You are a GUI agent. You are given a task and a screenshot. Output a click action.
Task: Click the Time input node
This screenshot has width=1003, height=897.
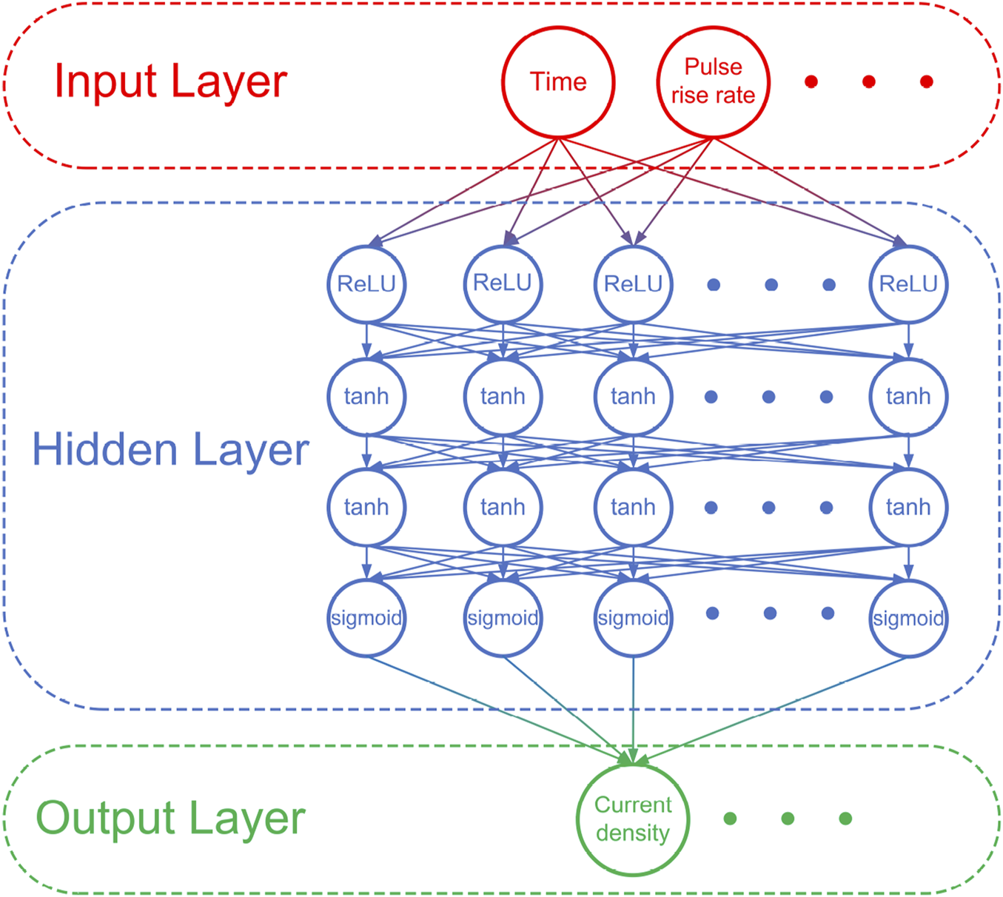coord(558,81)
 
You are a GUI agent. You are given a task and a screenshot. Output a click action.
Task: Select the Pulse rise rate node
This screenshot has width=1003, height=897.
coord(713,81)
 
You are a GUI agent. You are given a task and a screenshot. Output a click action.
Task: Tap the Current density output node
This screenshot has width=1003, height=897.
coord(633,819)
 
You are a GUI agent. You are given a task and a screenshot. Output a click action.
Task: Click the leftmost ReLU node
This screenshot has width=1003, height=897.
coord(366,284)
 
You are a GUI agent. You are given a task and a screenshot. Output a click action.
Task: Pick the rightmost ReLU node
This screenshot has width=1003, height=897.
coord(908,284)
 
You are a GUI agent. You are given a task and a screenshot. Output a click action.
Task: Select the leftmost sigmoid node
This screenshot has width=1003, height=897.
coord(366,618)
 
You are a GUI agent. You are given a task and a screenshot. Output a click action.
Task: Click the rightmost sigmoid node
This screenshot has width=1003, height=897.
coord(908,618)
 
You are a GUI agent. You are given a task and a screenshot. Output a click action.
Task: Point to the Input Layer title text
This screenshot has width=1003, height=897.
coord(170,81)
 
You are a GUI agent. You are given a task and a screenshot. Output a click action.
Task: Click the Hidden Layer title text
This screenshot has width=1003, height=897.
coord(170,450)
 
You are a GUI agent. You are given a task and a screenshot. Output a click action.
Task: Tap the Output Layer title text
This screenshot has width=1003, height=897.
coord(170,819)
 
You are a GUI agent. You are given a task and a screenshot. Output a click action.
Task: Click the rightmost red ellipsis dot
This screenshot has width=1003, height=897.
coord(926,81)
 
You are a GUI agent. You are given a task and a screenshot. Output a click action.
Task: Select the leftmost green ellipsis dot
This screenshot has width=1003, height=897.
coord(730,818)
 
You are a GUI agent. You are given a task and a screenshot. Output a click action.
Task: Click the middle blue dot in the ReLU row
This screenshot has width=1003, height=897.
coord(771,285)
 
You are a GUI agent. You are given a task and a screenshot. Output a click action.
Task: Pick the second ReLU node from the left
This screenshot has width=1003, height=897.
coord(503,284)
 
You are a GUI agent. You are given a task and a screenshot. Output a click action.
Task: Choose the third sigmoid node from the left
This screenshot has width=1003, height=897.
coord(633,618)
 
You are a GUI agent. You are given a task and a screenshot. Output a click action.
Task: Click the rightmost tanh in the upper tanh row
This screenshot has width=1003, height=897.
coord(908,397)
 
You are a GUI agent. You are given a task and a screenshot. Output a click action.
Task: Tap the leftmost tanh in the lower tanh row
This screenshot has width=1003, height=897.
coord(366,508)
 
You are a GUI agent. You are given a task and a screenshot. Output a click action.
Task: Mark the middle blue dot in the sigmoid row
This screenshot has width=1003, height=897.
coord(770,614)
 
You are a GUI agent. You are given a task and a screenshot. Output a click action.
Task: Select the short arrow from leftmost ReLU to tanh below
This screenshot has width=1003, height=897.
coord(366,340)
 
